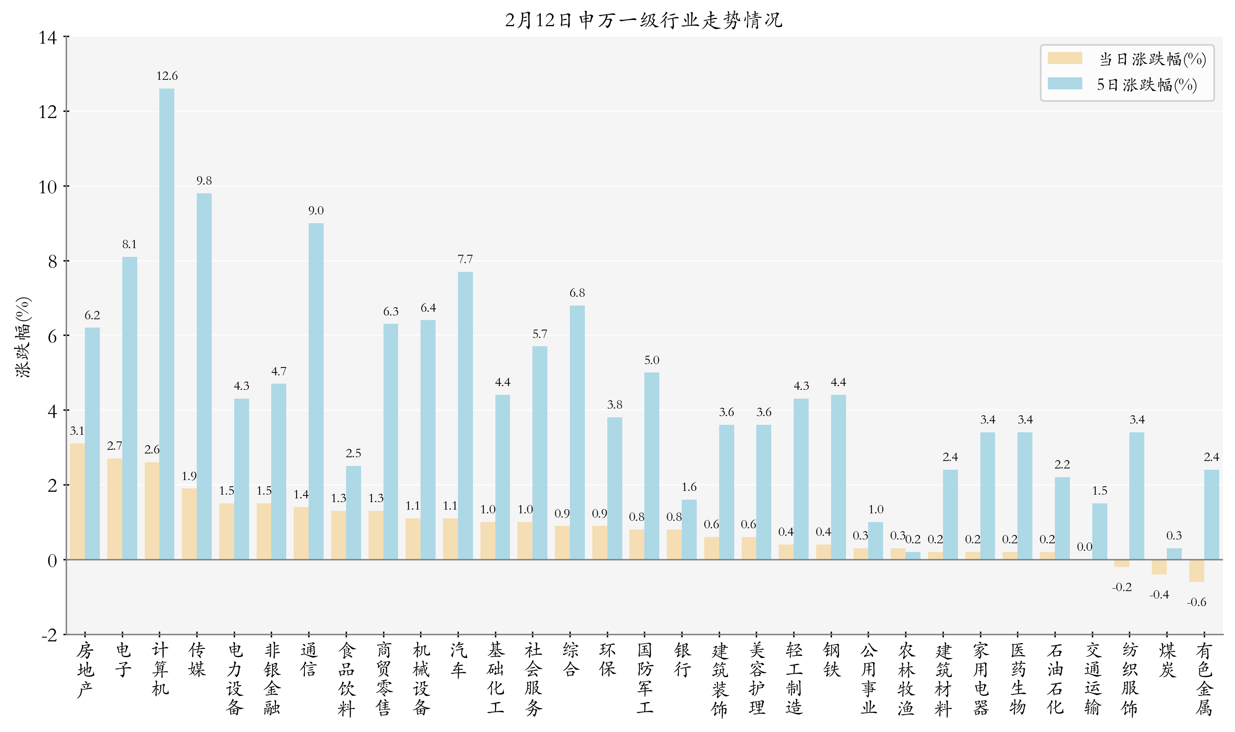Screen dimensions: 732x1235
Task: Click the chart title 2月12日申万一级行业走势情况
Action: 643,20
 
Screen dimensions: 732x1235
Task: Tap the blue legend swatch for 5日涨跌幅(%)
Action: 1065,84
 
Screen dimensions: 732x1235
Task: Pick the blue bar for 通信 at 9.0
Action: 316,391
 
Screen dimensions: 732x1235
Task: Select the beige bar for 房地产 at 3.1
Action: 77,501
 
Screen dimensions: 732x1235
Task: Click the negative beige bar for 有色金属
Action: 1196,571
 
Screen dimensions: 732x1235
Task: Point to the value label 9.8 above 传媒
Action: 204,180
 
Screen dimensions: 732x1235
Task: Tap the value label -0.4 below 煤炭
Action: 1158,594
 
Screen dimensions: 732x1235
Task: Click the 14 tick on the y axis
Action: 48,37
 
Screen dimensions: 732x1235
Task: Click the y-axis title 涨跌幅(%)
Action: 23,338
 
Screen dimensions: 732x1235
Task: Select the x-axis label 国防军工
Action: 644,678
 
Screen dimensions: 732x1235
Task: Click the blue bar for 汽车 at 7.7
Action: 465,415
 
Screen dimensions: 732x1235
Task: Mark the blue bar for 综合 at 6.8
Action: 577,432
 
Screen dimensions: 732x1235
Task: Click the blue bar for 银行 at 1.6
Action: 689,529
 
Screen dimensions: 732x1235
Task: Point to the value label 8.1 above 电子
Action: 129,244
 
